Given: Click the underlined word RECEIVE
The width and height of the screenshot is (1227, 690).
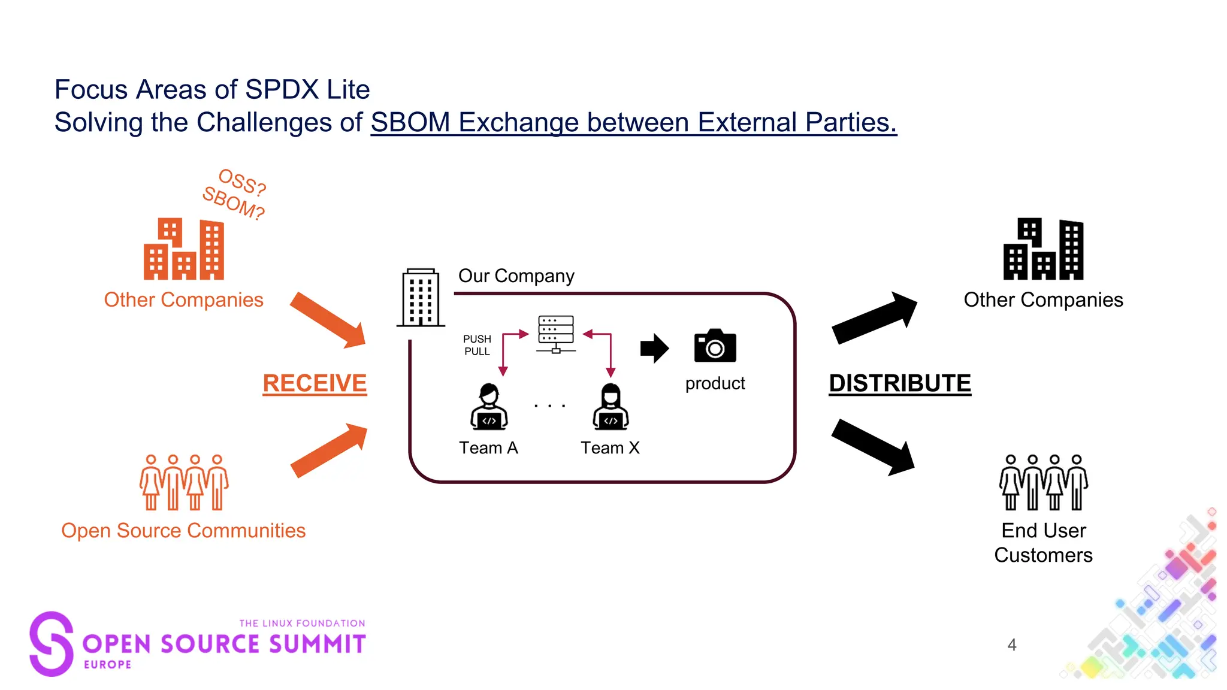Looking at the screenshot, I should (x=315, y=383).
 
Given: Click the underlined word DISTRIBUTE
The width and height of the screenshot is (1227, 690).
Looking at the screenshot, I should (x=900, y=383).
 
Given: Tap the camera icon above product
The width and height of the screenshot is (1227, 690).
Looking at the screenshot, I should (x=715, y=346).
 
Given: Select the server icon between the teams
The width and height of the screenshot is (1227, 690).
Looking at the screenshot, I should (x=556, y=334).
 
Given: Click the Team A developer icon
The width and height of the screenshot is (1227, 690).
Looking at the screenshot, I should (x=489, y=407).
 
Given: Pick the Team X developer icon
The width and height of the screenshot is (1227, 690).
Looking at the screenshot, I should (x=611, y=407).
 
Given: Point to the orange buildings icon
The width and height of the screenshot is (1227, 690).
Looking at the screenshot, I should (x=184, y=249).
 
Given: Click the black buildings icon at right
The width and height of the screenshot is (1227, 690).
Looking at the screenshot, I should (x=1043, y=249).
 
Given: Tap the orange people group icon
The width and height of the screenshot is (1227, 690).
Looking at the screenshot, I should (x=184, y=482).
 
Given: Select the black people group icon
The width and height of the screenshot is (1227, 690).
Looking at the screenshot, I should (x=1043, y=482).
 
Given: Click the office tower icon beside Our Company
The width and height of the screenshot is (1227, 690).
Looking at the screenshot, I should (x=421, y=298).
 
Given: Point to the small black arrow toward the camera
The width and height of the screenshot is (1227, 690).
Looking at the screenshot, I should (x=654, y=348).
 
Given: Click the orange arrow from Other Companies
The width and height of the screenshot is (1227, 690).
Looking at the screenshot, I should (x=329, y=320).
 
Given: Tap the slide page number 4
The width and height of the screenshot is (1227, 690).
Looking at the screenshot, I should (x=1012, y=645).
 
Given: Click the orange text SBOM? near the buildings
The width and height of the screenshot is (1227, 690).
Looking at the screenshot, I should (x=233, y=203).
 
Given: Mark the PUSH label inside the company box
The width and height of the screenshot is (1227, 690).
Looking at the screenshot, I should (x=477, y=339).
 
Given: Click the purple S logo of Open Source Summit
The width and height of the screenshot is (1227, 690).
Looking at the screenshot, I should (x=52, y=644).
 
